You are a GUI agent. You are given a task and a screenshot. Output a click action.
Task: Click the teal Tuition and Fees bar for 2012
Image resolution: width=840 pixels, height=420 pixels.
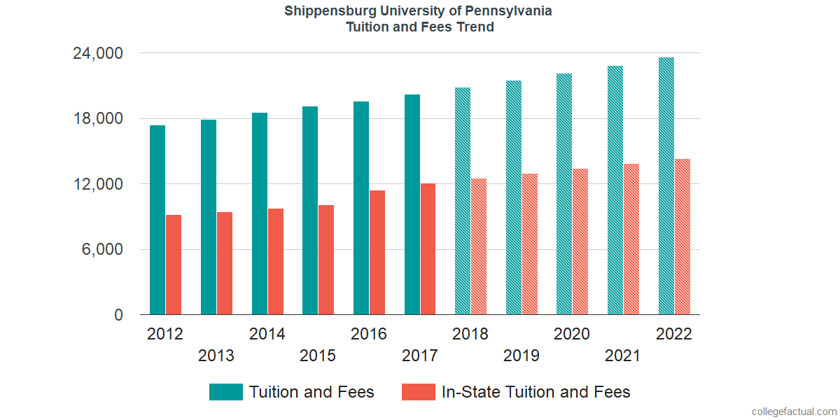(157, 220)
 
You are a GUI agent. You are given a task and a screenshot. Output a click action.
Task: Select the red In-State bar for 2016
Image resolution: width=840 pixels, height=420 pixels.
(377, 253)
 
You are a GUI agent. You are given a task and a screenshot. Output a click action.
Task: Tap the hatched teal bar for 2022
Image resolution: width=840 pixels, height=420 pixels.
(666, 186)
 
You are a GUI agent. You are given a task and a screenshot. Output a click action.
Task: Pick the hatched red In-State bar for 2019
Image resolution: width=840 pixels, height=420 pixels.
(530, 244)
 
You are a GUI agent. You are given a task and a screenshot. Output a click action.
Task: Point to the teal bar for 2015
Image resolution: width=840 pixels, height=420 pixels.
(310, 211)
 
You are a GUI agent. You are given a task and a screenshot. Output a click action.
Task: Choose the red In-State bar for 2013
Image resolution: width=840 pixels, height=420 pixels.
(225, 263)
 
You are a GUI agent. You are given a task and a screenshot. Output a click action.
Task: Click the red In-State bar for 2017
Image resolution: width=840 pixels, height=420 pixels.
(428, 249)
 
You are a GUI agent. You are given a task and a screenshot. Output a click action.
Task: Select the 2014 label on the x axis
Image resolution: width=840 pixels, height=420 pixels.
(267, 334)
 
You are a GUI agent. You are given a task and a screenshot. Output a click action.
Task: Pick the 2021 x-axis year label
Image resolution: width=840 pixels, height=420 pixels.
(622, 356)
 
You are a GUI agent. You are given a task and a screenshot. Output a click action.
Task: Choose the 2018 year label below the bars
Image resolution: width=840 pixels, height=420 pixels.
(470, 334)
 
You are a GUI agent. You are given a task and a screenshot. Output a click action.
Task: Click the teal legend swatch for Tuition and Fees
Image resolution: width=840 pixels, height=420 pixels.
(225, 392)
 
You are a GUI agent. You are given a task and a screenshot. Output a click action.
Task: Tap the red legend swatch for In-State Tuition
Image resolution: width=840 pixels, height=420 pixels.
(419, 392)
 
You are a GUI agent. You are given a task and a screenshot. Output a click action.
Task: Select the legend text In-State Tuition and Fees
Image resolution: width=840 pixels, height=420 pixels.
(535, 392)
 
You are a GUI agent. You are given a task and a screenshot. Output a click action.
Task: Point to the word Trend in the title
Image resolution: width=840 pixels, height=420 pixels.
(476, 27)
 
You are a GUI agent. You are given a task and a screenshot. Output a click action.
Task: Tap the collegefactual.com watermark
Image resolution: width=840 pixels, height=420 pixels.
(794, 412)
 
